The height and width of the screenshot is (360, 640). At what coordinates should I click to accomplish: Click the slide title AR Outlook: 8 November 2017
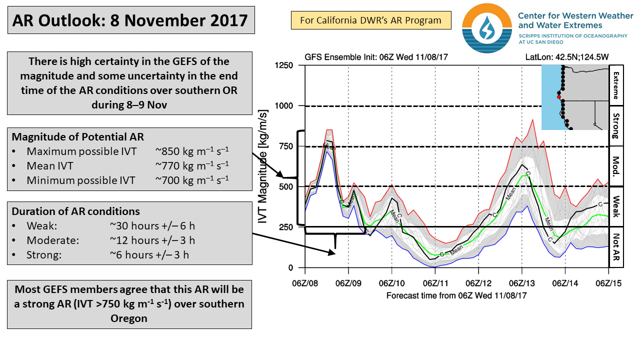coord(130,20)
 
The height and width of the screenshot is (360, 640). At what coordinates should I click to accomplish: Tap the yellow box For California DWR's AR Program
coord(370,20)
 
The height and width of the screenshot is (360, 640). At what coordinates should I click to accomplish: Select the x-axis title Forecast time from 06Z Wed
coord(456,295)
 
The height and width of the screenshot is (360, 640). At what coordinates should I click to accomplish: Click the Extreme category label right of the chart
coord(615,85)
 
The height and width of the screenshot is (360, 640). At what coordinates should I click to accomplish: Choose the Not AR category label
coord(615,247)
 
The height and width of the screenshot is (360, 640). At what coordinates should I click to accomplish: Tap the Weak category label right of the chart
coord(615,206)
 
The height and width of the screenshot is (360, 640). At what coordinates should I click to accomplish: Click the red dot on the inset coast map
coord(559,97)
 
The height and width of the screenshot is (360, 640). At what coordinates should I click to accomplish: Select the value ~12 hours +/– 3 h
coord(152,240)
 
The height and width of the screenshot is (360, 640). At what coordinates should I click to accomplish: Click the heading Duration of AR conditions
coord(76,211)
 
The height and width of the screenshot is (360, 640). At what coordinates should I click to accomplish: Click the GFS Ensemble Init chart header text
coord(376,56)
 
